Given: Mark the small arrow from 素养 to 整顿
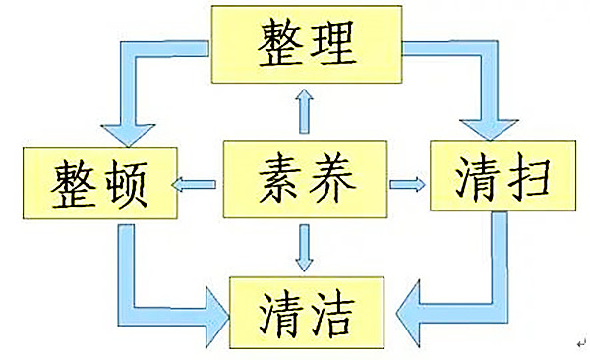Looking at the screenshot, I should [195, 183].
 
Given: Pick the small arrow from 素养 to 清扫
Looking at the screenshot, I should [406, 183].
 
